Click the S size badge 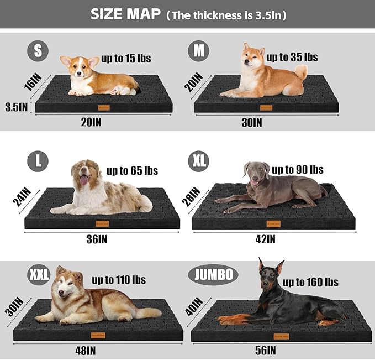point(38,51)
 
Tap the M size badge point(198,51)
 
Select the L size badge point(38,161)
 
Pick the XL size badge point(199,161)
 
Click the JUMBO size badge point(213,274)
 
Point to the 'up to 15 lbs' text point(126,58)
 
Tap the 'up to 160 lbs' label point(310,282)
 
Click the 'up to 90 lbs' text point(297,169)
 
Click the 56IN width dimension point(266,350)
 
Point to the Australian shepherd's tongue point(84,181)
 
